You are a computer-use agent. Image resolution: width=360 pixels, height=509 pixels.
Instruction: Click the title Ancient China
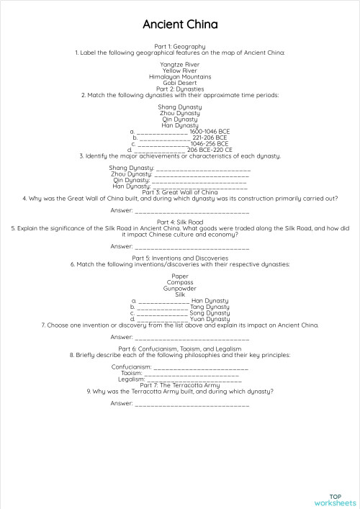[x=180, y=24]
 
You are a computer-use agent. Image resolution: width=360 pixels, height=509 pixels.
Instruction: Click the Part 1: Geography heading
[x=180, y=46]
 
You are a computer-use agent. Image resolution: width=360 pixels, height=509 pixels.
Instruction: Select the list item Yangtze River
[x=180, y=64]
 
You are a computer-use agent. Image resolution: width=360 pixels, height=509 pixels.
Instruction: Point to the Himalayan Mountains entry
[x=180, y=76]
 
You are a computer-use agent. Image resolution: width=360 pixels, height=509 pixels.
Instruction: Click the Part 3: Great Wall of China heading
[x=180, y=192]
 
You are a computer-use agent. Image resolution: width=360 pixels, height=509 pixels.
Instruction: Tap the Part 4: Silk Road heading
[x=180, y=222]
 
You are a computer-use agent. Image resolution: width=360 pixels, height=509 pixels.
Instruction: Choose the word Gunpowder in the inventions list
[x=180, y=288]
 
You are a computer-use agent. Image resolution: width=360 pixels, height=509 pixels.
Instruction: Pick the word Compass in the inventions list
[x=180, y=282]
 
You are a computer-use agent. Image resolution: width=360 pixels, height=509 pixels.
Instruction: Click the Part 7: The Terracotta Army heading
[x=180, y=385]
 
